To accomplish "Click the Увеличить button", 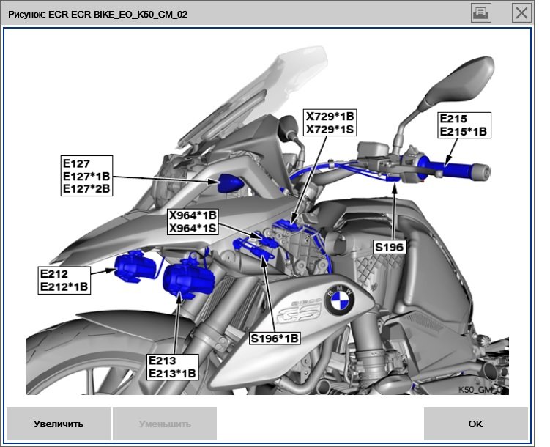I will [x=58, y=424].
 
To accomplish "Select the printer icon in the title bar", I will [x=481, y=12].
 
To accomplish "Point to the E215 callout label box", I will [x=463, y=125].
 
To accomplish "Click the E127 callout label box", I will [x=87, y=176].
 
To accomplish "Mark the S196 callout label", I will [x=389, y=248].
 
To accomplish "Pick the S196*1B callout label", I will [x=275, y=338].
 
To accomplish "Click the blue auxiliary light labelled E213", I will [x=187, y=281].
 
